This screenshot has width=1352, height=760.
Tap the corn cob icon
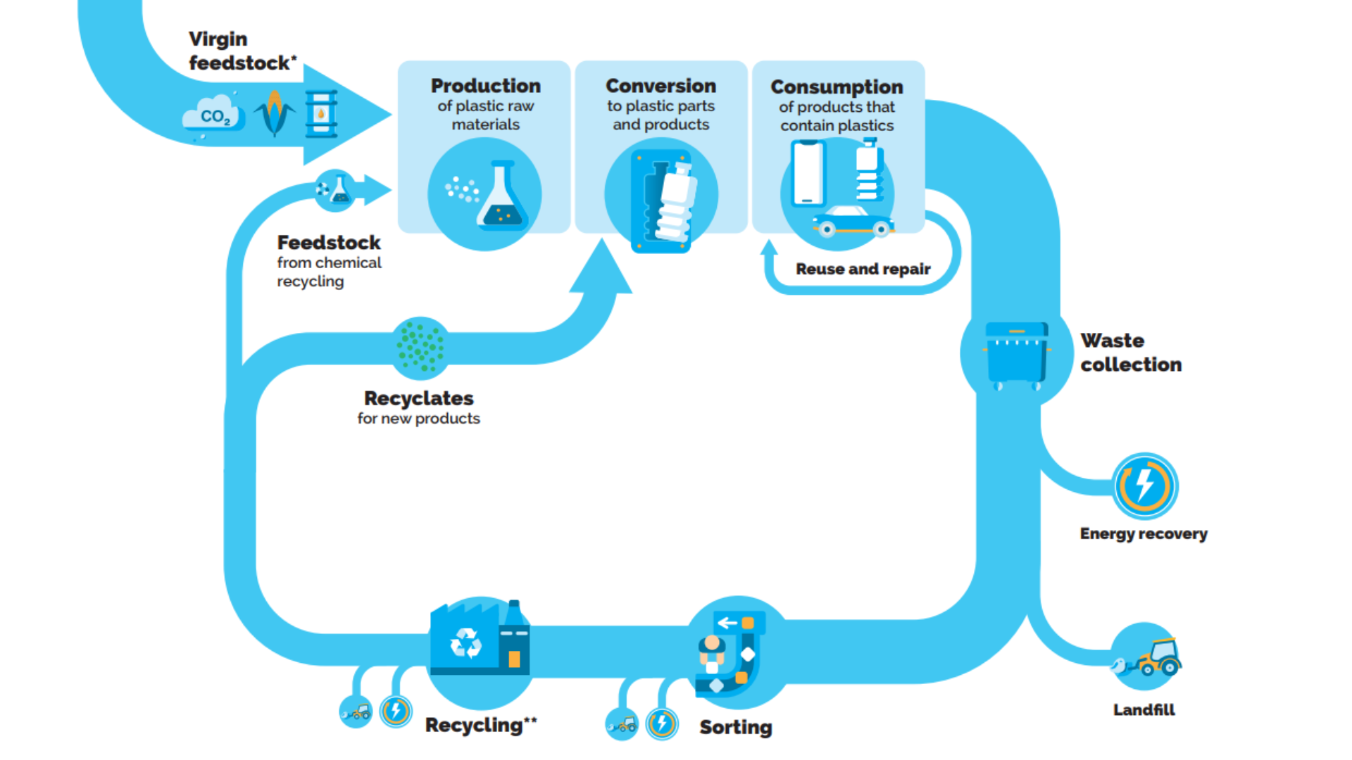[275, 113]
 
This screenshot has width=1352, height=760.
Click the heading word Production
[486, 86]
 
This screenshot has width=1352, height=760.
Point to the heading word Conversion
[661, 86]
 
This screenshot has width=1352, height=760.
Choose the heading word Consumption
[837, 87]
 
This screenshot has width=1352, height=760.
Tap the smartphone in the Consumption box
[808, 173]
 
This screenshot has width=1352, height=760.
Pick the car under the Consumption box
[853, 221]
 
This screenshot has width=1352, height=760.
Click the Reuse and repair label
[863, 269]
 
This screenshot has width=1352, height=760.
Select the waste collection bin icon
[1016, 355]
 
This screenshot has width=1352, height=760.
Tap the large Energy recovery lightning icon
[1145, 486]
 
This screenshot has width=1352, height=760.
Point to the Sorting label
[735, 727]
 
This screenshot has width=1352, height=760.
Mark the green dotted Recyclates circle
[420, 346]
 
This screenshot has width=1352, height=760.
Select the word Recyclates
[418, 398]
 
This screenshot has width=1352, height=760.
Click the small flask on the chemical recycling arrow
[340, 190]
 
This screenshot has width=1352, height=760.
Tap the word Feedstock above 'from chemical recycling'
[329, 243]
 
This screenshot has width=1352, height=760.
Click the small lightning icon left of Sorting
[662, 723]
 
